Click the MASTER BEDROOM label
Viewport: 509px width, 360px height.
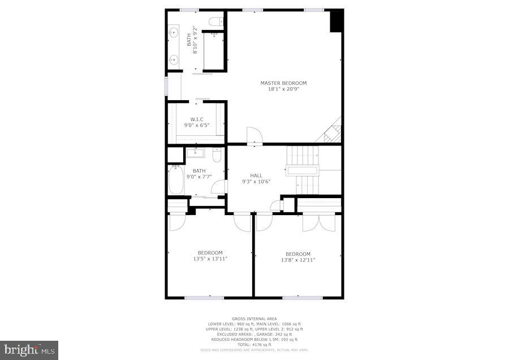pyautogui.click(x=283, y=83)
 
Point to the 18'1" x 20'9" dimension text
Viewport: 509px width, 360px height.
pyautogui.click(x=283, y=89)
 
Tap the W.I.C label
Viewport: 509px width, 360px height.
pyautogui.click(x=196, y=119)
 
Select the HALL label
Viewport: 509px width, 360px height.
pyautogui.click(x=256, y=175)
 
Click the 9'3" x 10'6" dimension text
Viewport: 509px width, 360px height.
pyautogui.click(x=256, y=182)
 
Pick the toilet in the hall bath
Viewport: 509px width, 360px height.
pyautogui.click(x=217, y=155)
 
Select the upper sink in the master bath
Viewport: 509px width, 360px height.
pyautogui.click(x=174, y=33)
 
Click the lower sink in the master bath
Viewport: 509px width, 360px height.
pyautogui.click(x=174, y=59)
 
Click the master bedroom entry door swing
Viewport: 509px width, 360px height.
pyautogui.click(x=254, y=136)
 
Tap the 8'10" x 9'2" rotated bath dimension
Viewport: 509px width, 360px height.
pyautogui.click(x=195, y=40)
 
